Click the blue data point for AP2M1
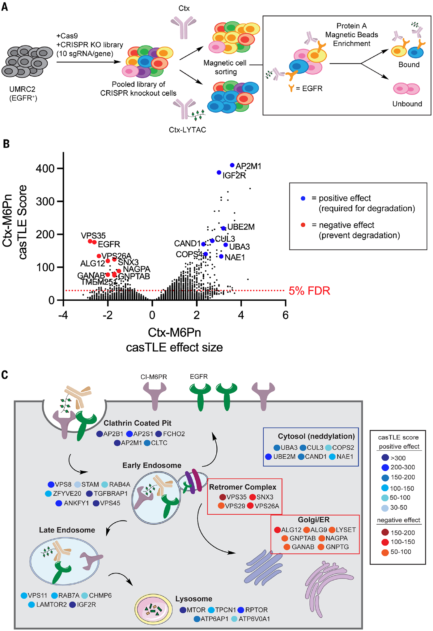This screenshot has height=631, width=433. tap(232, 165)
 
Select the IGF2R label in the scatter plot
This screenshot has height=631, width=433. tap(234, 176)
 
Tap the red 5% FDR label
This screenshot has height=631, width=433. tap(309, 291)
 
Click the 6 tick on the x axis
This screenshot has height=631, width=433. tap(285, 315)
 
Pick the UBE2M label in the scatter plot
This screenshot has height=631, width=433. tap(241, 227)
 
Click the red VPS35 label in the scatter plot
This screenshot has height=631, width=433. tap(93, 236)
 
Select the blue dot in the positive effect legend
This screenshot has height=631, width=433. tap(303, 198)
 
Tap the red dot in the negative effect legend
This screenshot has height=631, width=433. tap(303, 225)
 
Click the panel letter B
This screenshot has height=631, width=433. tap(6, 144)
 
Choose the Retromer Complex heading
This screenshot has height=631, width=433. tap(243, 487)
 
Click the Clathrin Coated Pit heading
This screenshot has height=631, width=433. tap(137, 423)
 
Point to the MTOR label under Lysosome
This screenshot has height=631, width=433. tap(196, 610)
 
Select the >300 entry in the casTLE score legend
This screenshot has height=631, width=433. tap(398, 458)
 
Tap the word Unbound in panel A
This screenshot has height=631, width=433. tap(407, 104)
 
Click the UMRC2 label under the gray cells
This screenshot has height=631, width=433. tap(22, 89)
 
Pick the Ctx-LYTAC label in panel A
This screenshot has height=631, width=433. tap(187, 130)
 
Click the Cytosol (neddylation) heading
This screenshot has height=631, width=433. tap(316, 436)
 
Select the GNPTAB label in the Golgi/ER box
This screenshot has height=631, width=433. tap(302, 538)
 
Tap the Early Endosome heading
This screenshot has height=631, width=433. tap(151, 465)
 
